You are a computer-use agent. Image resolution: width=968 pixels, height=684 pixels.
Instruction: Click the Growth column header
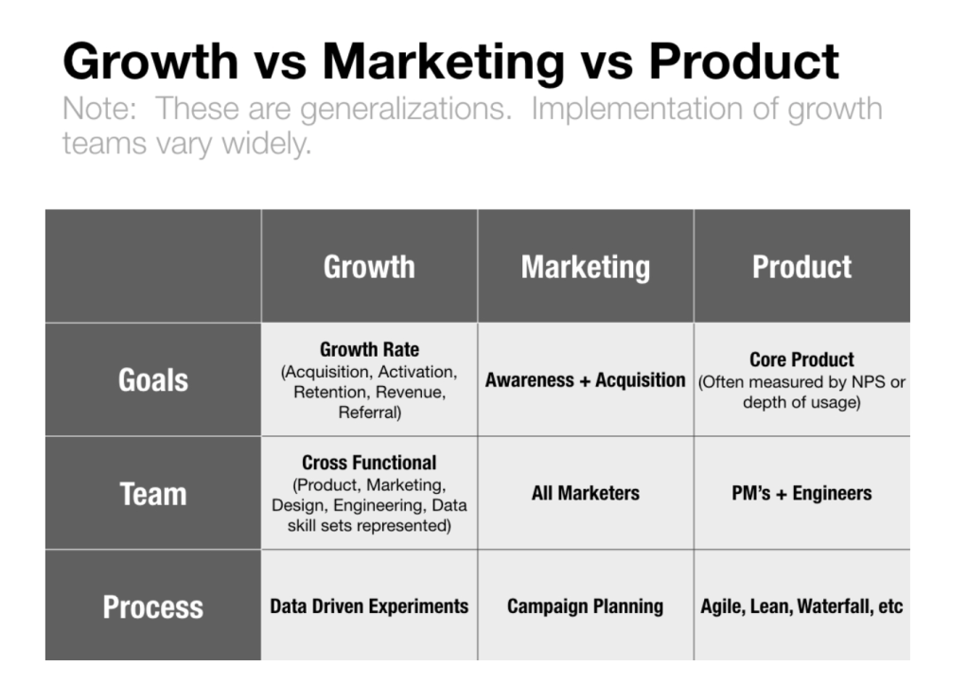tap(369, 267)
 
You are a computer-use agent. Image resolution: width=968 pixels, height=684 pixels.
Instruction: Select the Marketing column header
tap(585, 267)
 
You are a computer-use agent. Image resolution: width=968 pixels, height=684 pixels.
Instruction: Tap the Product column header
tap(801, 267)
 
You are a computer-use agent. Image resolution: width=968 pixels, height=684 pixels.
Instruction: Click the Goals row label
tap(153, 379)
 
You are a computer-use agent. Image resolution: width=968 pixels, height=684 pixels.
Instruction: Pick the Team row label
tap(153, 493)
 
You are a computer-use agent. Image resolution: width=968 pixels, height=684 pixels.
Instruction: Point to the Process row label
tap(153, 605)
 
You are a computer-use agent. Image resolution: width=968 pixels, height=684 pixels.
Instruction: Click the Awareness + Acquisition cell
tap(585, 379)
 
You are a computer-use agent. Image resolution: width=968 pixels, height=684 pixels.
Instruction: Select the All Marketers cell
tap(585, 493)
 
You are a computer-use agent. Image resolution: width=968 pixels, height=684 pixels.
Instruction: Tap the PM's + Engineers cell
tap(801, 493)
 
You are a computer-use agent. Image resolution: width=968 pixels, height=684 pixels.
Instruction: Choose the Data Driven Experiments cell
tap(369, 605)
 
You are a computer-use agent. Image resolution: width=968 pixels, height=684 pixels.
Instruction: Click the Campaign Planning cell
tap(585, 605)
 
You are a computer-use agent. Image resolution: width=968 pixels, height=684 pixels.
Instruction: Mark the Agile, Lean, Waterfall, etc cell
tap(801, 605)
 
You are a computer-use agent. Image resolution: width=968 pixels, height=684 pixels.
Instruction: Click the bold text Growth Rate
tap(369, 349)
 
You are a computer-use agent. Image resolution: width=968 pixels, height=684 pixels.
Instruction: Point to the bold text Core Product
tap(801, 360)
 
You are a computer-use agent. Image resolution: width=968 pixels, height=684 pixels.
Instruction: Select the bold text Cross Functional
tap(369, 463)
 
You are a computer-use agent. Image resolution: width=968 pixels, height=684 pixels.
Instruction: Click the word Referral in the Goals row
tap(368, 412)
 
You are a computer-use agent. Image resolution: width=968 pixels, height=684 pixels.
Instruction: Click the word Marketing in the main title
tap(443, 61)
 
